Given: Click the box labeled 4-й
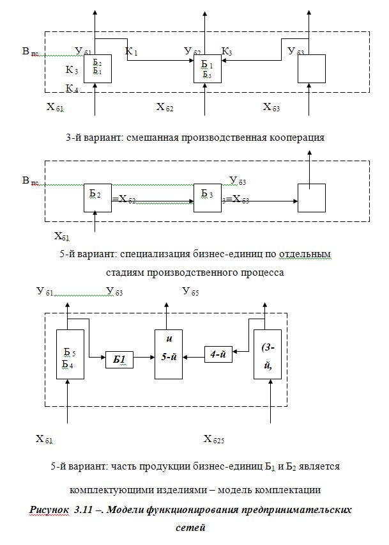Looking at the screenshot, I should click(x=217, y=354).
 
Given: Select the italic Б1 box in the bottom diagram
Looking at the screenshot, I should click(x=119, y=360).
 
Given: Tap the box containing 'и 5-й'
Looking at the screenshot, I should click(x=168, y=354).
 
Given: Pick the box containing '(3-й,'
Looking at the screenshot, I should click(x=267, y=354).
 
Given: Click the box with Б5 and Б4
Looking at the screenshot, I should click(x=70, y=355).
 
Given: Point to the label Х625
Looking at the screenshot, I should click(x=214, y=439).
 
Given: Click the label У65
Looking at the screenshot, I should click(x=190, y=292).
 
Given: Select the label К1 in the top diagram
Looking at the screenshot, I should click(x=132, y=51).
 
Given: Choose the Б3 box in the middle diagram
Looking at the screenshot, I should click(x=208, y=197).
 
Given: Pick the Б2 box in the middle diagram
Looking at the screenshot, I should click(x=98, y=197).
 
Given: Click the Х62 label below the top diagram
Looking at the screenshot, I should click(x=165, y=107).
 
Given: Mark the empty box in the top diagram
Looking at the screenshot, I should click(x=312, y=68).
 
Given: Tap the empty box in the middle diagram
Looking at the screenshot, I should click(x=312, y=198).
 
